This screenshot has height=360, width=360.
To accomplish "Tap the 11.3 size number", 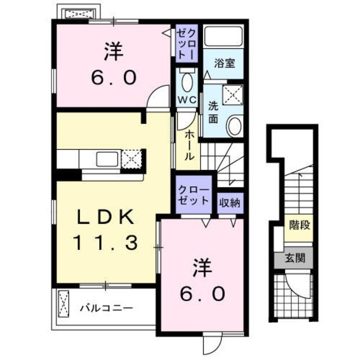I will coord(105,242).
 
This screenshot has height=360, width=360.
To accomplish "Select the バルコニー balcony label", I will coord(106,308).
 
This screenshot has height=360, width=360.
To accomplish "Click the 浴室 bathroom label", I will coord(224,63).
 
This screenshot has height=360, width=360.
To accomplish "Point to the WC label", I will coord(187,100).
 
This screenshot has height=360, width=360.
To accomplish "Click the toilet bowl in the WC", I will coord(187,82).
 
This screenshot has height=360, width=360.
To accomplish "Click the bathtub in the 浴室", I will coord(223,38).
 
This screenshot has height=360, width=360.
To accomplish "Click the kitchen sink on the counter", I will coord(107,160).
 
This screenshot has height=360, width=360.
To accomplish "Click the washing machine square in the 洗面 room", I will coord(233,94).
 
